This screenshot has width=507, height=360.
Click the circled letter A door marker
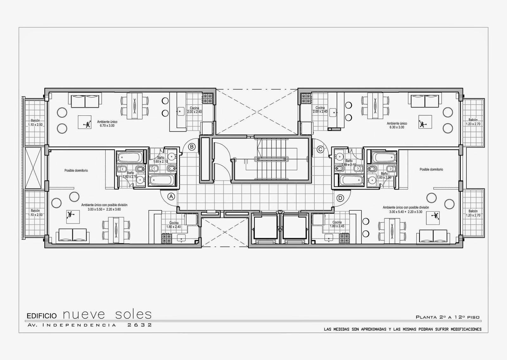(171, 196)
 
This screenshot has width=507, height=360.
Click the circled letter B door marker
(192, 147)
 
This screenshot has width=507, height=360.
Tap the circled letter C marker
(320, 149)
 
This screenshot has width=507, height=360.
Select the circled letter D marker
(340, 198)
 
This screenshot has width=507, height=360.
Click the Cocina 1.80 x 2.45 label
(337, 224)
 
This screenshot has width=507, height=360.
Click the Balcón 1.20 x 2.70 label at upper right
(473, 122)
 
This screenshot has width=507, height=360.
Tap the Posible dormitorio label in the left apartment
(76, 171)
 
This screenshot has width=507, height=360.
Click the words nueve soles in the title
(107, 314)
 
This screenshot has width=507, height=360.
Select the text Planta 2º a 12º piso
(447, 317)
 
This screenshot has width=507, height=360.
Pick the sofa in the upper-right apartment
(425, 101)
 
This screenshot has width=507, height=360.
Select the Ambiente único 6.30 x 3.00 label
(397, 125)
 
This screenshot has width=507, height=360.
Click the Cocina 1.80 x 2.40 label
(174, 225)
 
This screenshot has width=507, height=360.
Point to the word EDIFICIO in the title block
(42, 316)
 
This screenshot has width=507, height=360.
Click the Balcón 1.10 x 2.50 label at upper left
(35, 122)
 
